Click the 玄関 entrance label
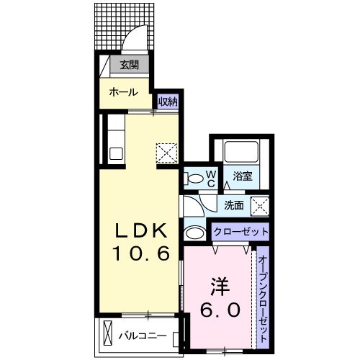130,66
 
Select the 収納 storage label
168,101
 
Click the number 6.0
218,311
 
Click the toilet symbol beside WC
193,178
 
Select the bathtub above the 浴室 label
240,151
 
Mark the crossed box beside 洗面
261,205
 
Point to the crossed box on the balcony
108,336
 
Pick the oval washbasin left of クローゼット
193,233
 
